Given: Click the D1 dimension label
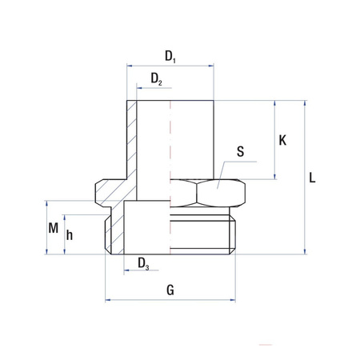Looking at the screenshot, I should point(170,56).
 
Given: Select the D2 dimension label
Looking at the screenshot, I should point(157,80).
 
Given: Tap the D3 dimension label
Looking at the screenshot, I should point(142,263).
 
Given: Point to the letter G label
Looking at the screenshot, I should point(170,290).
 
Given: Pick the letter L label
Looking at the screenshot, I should point(313,178).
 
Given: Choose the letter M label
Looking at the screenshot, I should point(53,227).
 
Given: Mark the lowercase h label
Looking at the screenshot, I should point(70,235).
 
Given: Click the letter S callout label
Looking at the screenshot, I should point(241,152).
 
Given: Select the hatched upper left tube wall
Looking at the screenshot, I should point(133,136).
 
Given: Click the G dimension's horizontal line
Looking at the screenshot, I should point(170,301).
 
